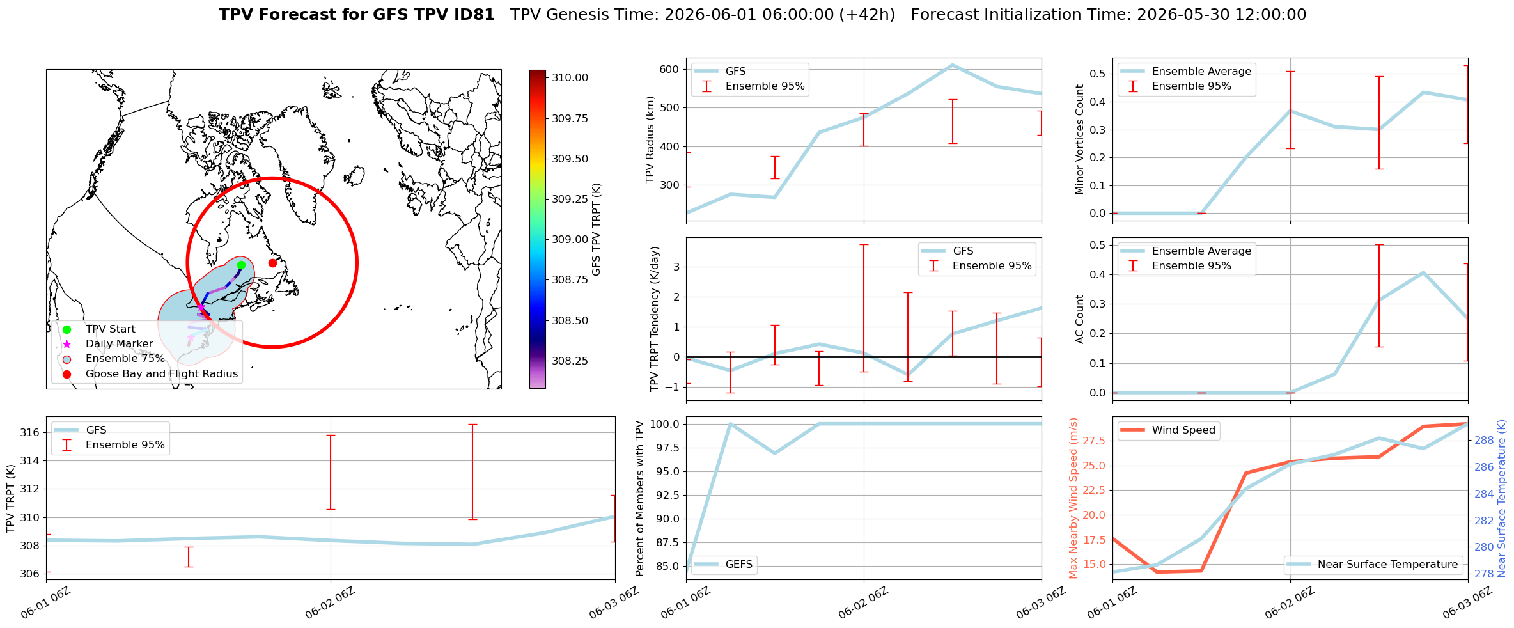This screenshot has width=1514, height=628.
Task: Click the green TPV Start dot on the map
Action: coord(241,265)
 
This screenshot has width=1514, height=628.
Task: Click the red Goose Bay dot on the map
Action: coord(272,263)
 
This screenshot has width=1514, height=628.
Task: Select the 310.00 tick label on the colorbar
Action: coord(570,78)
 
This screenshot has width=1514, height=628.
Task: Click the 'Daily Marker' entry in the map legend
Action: coord(119,344)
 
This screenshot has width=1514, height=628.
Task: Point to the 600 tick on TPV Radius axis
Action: coord(669,69)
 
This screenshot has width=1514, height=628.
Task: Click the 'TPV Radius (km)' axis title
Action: coord(650,139)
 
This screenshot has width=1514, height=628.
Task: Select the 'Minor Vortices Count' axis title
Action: coord(1079,139)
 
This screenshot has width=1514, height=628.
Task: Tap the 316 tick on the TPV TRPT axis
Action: coord(30,433)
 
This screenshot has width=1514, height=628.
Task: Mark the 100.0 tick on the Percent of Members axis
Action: coord(666,424)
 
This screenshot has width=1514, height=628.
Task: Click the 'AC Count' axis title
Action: coord(1079,319)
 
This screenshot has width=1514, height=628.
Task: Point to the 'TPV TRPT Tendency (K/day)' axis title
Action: coord(654,319)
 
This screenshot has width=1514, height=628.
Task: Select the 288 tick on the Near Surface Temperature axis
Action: coord(1484,440)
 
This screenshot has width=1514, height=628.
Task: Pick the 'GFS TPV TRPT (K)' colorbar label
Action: coord(597,229)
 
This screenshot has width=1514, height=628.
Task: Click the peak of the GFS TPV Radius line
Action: coord(952,65)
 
